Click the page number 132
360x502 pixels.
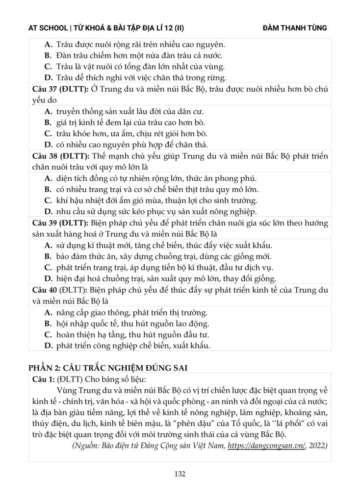tap(180, 474)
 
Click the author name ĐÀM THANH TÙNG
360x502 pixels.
tap(295, 28)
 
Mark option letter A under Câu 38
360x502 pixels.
tap(48, 178)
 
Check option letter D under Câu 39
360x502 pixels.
tap(48, 279)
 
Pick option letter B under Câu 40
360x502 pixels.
tap(48, 324)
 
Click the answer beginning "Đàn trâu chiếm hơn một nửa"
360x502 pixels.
tap(140, 55)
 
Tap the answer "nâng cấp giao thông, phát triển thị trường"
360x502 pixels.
tap(132, 312)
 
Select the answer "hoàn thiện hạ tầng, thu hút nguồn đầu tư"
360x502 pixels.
tap(133, 335)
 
